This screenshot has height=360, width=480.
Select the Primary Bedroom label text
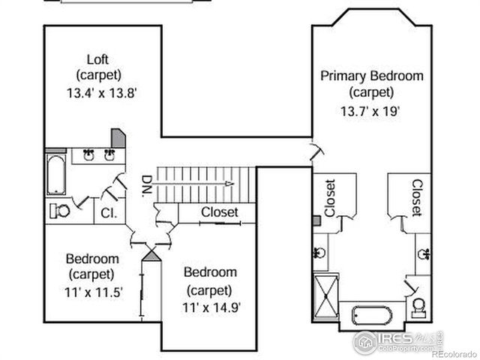372,76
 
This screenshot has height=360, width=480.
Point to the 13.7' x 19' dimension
371,109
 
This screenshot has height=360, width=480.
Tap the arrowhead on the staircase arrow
230,182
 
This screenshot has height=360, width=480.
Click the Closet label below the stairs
219,213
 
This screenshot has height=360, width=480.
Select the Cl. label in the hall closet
109,213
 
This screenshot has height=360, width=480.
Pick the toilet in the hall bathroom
59,211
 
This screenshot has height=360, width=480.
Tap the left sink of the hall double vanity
88,154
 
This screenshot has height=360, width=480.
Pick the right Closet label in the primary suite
417,196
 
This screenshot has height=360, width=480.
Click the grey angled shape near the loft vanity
118,139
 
